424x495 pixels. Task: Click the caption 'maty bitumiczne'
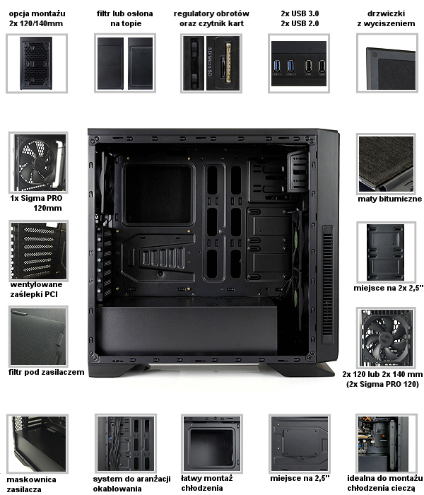(389, 199)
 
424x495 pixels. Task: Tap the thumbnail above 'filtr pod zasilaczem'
(38, 336)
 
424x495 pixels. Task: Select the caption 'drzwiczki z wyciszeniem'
(386, 18)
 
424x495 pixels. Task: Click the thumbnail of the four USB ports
(299, 64)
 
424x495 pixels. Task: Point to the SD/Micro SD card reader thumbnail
(211, 64)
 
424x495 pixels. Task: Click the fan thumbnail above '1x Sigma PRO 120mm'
(38, 163)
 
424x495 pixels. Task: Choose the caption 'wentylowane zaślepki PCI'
(36, 289)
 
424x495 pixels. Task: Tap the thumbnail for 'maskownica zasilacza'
(37, 443)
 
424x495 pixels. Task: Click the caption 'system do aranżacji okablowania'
(131, 484)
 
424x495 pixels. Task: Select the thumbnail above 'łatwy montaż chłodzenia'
(212, 443)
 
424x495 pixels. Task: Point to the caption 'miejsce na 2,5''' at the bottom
(300, 478)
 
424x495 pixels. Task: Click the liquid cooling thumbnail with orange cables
(386, 443)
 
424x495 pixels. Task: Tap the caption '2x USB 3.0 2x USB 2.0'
(300, 18)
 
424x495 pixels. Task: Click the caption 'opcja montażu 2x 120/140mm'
(37, 18)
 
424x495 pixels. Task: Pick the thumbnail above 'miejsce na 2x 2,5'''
(386, 252)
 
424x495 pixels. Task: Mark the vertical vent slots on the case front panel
(328, 284)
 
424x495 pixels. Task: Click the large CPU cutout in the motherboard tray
(158, 194)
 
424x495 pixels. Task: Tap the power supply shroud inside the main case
(186, 330)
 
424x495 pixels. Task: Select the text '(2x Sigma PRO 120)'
(382, 384)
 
